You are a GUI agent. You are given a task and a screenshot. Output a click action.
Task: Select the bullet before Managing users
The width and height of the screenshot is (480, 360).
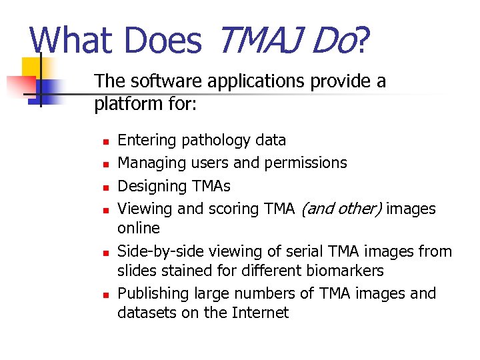pyautogui.click(x=105, y=164)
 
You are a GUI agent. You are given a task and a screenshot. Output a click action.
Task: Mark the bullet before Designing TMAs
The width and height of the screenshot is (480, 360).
pyautogui.click(x=105, y=187)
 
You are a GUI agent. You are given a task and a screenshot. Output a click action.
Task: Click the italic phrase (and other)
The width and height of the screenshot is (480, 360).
pyautogui.click(x=341, y=209)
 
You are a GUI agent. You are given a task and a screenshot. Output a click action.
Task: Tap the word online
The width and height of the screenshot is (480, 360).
pyautogui.click(x=139, y=228)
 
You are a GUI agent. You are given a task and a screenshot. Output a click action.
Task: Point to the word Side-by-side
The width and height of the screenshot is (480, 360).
pyautogui.click(x=160, y=251)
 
